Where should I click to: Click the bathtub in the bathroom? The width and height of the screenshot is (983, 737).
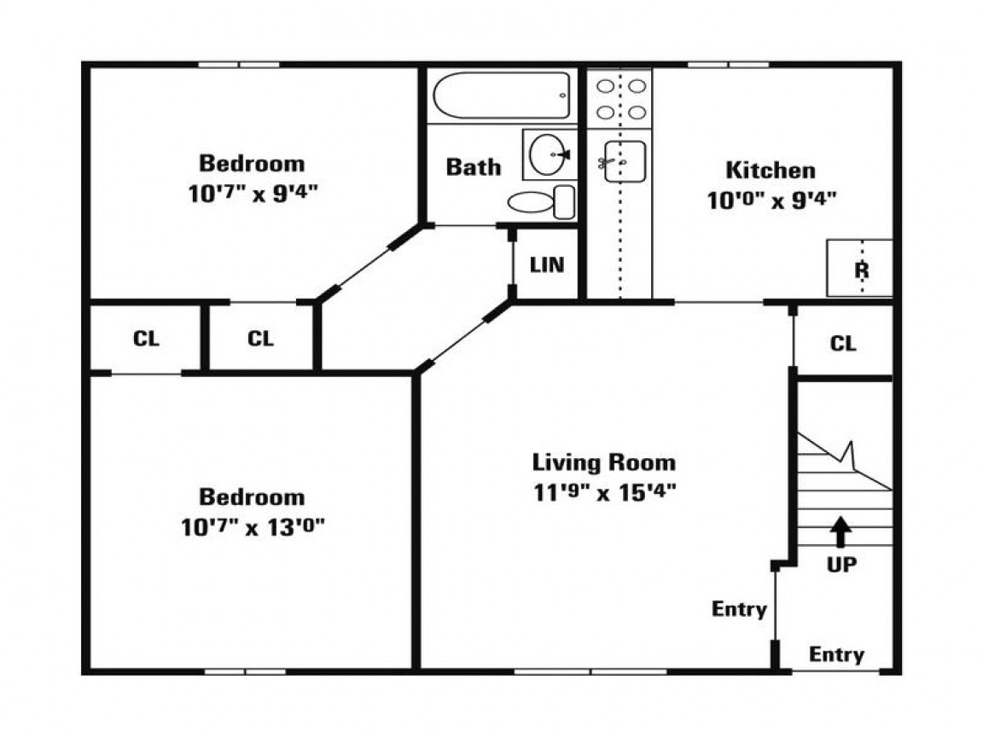click(x=502, y=96)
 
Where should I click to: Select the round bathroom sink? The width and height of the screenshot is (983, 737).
click(x=547, y=154)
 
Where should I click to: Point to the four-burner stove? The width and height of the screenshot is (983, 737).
click(x=619, y=100)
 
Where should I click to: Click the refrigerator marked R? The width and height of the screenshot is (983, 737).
click(x=860, y=269)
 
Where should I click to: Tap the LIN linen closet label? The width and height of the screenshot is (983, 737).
click(x=547, y=265)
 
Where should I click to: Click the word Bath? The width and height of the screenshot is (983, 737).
click(x=474, y=166)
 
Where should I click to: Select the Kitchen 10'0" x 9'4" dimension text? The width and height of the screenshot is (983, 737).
click(x=771, y=200)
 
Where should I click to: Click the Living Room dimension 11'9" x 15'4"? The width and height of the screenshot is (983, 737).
click(x=604, y=493)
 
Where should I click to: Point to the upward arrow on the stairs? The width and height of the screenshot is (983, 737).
click(x=841, y=531)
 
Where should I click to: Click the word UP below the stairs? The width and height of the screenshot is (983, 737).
click(x=841, y=565)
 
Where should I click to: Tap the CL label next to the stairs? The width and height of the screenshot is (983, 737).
click(x=843, y=344)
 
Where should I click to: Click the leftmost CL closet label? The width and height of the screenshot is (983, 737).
click(x=146, y=339)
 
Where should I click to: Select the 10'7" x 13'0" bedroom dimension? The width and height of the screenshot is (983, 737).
click(x=252, y=527)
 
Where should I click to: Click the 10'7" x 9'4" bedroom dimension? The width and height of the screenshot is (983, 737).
click(x=252, y=193)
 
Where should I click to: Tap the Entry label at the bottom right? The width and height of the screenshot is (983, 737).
click(x=836, y=655)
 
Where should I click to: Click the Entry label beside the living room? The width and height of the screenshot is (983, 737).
click(x=739, y=610)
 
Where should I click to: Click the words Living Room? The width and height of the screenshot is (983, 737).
click(x=604, y=463)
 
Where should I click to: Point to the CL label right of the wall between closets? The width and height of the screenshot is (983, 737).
click(x=261, y=339)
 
